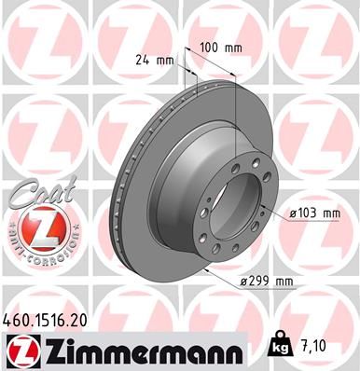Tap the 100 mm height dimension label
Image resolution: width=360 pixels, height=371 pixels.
pyautogui.click(x=216, y=46)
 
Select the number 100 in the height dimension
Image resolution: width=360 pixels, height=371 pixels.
pyautogui.click(x=209, y=46)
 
